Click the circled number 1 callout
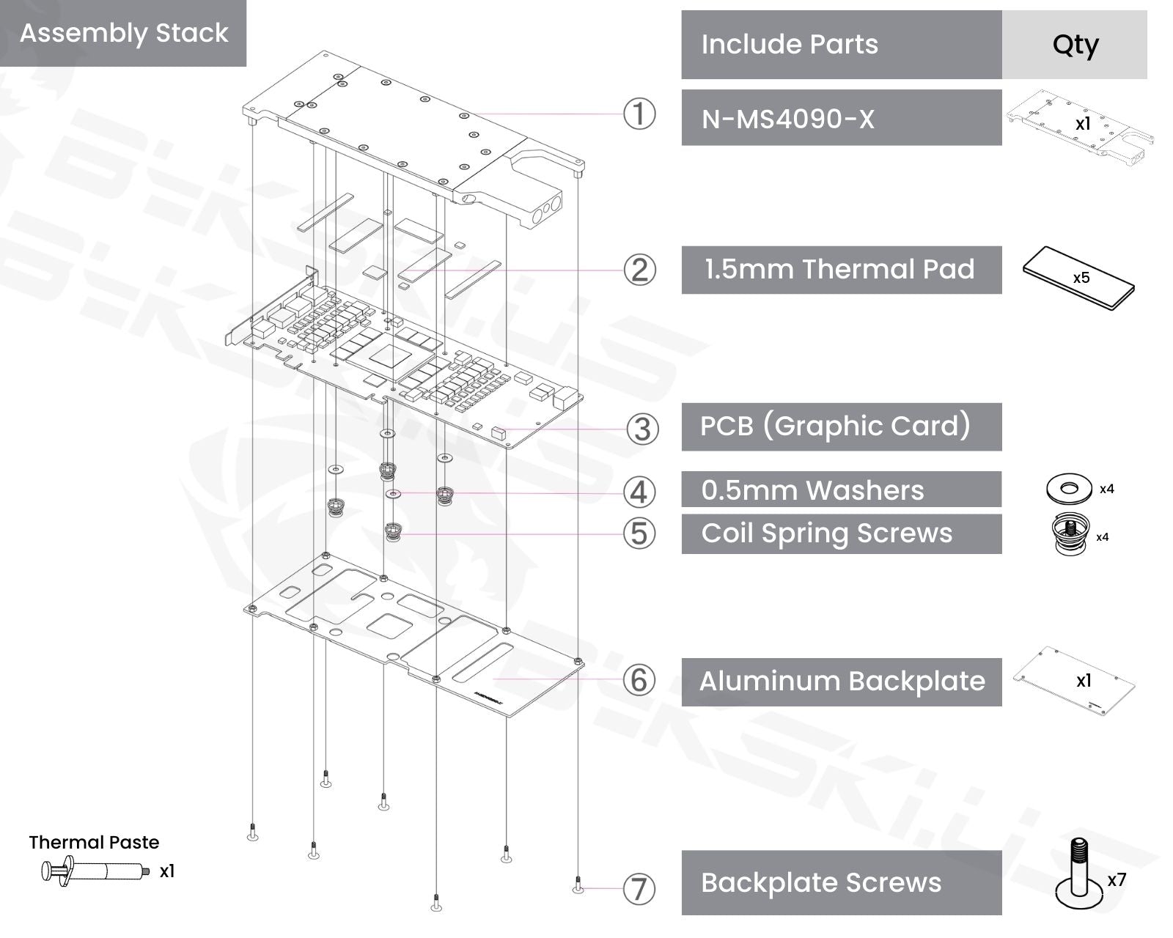pos(639,114)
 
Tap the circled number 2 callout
pos(639,270)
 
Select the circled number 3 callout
pos(642,429)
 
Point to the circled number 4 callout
pos(639,492)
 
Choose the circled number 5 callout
pos(639,533)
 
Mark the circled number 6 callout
pos(639,680)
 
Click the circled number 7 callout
pos(639,889)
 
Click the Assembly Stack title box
pos(123,33)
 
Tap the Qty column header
pos(1074,45)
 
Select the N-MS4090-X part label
pos(841,118)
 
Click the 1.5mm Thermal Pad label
pos(841,270)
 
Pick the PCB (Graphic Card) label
pos(841,426)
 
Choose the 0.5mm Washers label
pos(841,490)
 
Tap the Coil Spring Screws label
pos(841,533)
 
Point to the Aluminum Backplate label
pos(841,682)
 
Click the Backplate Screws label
pos(841,882)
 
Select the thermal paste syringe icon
pos(95,871)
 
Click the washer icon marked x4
pos(1069,488)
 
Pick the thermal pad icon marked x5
pos(1078,278)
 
